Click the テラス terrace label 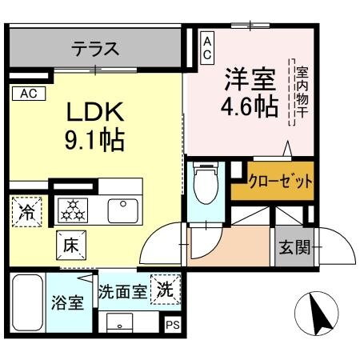click(x=95, y=50)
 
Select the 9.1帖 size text click(x=93, y=142)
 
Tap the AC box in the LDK click(x=28, y=93)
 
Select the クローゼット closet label click(x=280, y=181)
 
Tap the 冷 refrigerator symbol click(x=27, y=212)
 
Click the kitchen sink click(x=123, y=210)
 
